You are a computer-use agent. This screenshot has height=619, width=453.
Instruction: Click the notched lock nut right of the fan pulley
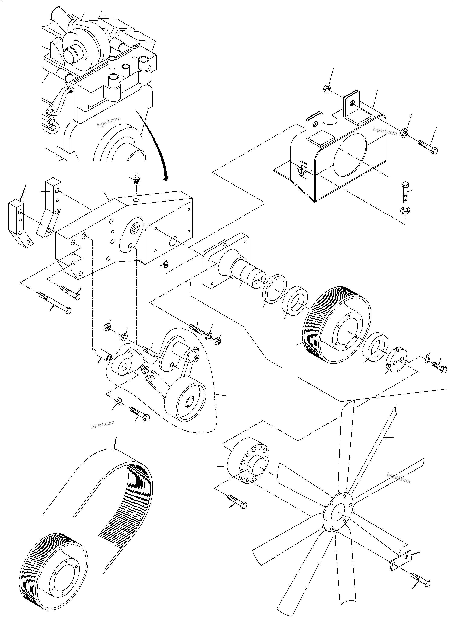pos(397,360)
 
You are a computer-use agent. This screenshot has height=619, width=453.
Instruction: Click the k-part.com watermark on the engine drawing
pos(109,122)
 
